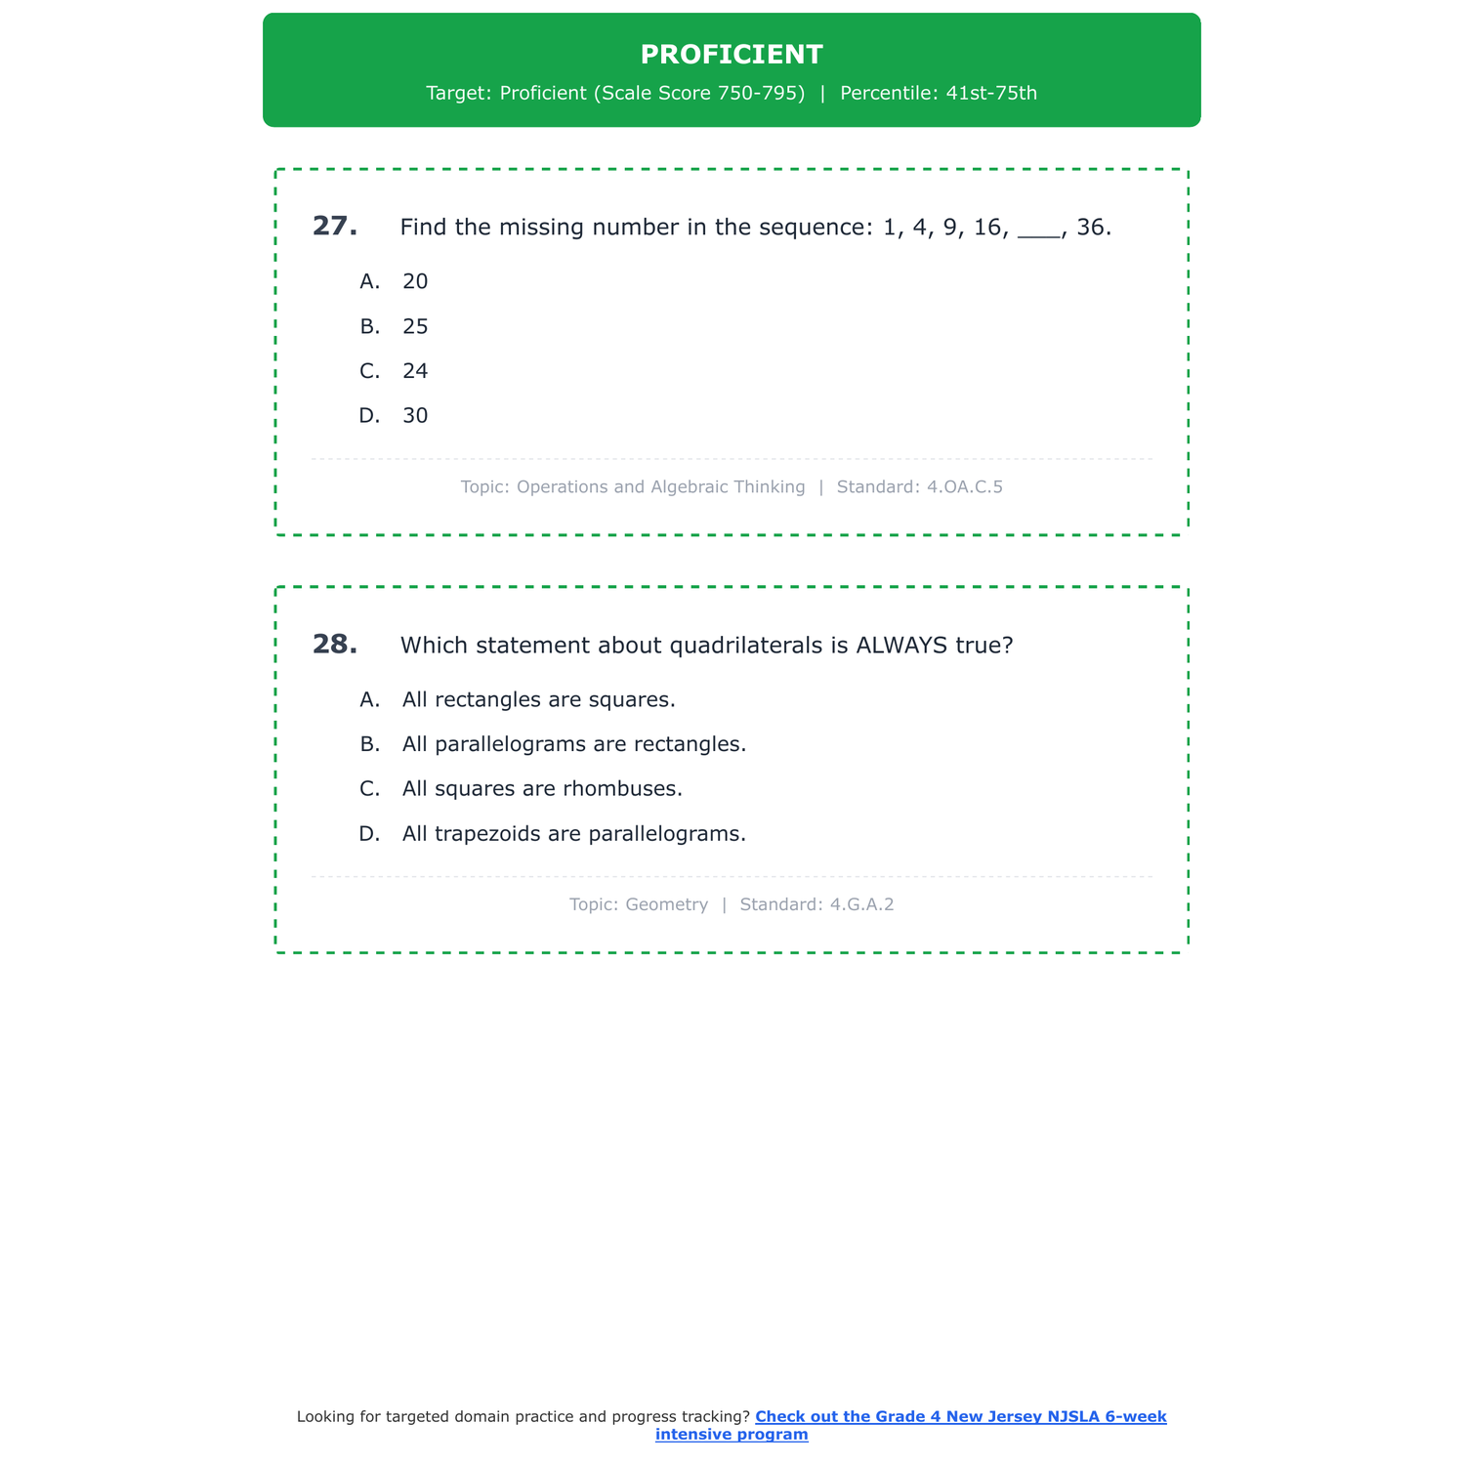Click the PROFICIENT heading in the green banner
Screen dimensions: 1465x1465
[732, 55]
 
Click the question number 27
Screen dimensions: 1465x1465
[334, 227]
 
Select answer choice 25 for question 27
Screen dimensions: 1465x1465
[415, 326]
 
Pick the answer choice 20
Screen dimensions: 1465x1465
[415, 281]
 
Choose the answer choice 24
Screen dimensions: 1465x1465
[415, 371]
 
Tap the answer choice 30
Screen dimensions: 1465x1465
[415, 416]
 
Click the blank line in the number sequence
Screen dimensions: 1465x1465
[1038, 234]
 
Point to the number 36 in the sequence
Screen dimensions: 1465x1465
[1090, 228]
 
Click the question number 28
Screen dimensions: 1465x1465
[334, 645]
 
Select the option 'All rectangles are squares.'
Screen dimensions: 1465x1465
[538, 699]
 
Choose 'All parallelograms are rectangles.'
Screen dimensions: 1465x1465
[573, 744]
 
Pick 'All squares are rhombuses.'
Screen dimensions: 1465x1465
[542, 788]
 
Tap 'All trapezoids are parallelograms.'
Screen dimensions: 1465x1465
[573, 834]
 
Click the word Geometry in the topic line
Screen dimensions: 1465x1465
[666, 904]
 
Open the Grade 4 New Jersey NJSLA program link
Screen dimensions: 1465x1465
[960, 1417]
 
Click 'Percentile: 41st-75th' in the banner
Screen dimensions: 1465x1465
[938, 93]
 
